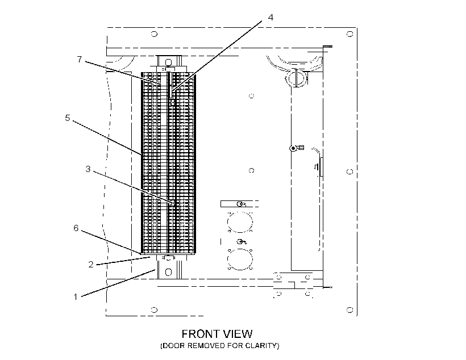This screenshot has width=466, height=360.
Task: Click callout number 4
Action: click(x=271, y=18)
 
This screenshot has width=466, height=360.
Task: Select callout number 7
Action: click(x=80, y=60)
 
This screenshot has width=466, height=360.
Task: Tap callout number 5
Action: click(x=68, y=118)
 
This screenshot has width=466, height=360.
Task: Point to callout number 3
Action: click(x=88, y=169)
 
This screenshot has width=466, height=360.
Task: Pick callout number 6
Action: click(x=76, y=228)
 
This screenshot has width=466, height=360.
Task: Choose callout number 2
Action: click(x=91, y=265)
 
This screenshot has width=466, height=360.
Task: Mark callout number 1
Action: click(x=76, y=297)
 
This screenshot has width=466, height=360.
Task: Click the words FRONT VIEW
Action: click(x=217, y=334)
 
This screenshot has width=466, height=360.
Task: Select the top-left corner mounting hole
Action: click(x=154, y=34)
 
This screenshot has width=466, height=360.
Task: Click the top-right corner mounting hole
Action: click(x=350, y=34)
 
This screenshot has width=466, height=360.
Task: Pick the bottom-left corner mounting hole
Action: click(x=154, y=310)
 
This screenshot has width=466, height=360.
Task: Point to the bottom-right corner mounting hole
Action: click(x=350, y=310)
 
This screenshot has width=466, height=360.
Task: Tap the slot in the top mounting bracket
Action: click(x=169, y=62)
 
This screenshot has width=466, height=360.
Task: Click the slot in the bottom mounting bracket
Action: click(x=169, y=272)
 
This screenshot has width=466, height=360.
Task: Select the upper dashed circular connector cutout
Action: click(x=240, y=221)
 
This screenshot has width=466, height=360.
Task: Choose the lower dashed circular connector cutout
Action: click(x=240, y=259)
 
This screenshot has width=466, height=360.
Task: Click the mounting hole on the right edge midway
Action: click(x=350, y=171)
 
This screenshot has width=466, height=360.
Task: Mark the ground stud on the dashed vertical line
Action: click(x=296, y=148)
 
